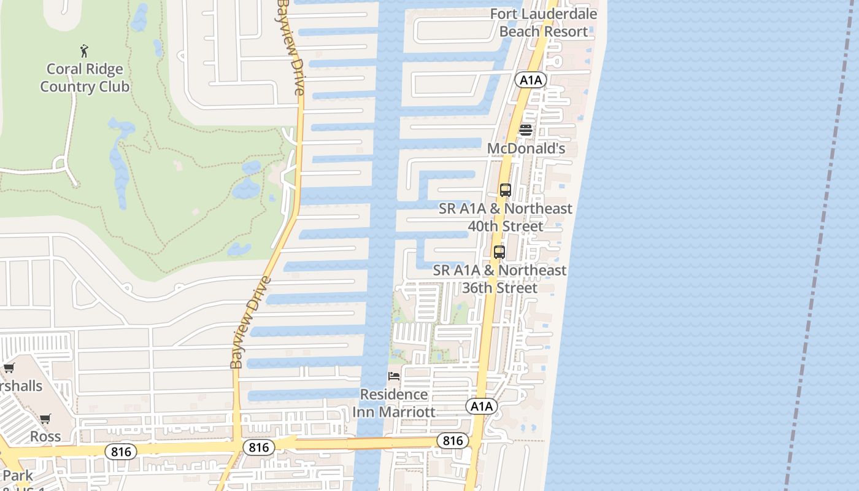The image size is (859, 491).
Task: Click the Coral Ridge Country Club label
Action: point(85,78)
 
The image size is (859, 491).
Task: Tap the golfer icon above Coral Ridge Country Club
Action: point(84,51)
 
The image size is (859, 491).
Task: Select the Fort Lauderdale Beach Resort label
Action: point(544,23)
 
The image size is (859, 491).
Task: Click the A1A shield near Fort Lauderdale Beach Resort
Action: point(531,80)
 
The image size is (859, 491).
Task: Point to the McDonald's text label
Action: point(526,149)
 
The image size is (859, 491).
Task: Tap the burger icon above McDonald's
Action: point(526,130)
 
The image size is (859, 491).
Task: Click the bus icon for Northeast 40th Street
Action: point(505,190)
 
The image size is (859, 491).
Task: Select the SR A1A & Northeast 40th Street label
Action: point(506,217)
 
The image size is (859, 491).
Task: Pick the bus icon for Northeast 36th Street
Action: point(499,252)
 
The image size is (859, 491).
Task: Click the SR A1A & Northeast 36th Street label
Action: point(500,279)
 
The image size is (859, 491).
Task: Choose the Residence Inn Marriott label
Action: point(394,403)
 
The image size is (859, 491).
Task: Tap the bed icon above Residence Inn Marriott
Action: point(394,376)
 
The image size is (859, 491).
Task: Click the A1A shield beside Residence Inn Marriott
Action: point(481,406)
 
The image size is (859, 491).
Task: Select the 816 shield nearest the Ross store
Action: point(120,452)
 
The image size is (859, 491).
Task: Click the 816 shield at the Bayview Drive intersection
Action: point(258,447)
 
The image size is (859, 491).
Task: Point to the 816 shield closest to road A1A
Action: point(453,440)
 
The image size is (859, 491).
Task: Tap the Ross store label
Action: point(46,436)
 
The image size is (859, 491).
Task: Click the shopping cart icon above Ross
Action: point(45,419)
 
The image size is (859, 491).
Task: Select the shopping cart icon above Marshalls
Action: point(9,368)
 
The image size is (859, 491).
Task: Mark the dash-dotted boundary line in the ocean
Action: point(822,245)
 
